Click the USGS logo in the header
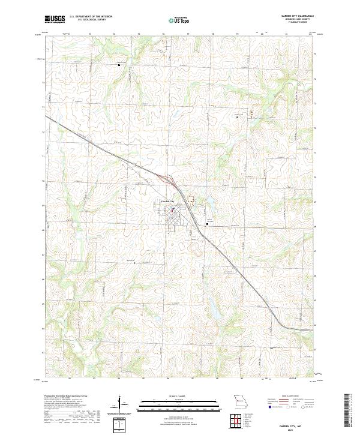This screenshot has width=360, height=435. tap(53, 19)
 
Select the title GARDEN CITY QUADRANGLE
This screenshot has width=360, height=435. tap(298, 16)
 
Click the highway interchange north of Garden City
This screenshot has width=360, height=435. tap(166, 178)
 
